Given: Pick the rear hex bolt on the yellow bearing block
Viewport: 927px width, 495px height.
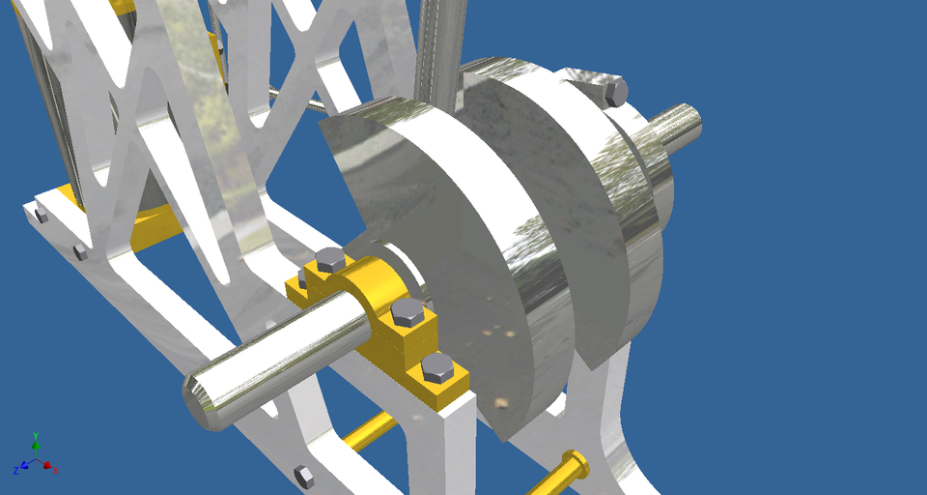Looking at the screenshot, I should (x=329, y=259).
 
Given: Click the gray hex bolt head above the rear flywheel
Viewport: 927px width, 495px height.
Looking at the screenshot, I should (x=614, y=93).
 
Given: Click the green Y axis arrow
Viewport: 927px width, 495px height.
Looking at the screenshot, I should (x=36, y=442).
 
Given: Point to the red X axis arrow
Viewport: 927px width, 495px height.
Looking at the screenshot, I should (x=52, y=469).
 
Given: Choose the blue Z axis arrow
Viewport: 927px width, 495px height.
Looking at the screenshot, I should (x=19, y=470).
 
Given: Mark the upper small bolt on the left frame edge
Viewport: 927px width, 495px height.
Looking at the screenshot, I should (x=40, y=216).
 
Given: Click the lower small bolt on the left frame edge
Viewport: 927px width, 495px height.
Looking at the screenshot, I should (x=80, y=252).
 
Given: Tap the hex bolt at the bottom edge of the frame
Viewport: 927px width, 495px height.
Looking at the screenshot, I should (x=303, y=475).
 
